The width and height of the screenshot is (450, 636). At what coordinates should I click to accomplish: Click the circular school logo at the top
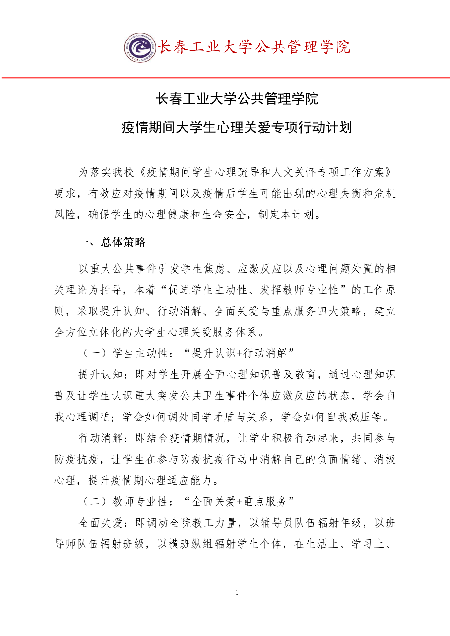pyautogui.click(x=140, y=48)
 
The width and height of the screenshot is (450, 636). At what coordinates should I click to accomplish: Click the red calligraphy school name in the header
pyautogui.click(x=254, y=47)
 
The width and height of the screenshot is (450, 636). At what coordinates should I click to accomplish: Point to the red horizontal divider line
pyautogui.click(x=225, y=78)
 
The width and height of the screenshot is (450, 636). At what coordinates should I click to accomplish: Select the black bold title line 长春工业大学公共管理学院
pyautogui.click(x=237, y=99)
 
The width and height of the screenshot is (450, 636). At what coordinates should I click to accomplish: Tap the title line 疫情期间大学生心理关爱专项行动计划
pyautogui.click(x=237, y=128)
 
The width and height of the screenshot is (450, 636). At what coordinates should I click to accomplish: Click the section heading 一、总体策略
pyautogui.click(x=112, y=242)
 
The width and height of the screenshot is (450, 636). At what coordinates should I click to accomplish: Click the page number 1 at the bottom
pyautogui.click(x=237, y=592)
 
